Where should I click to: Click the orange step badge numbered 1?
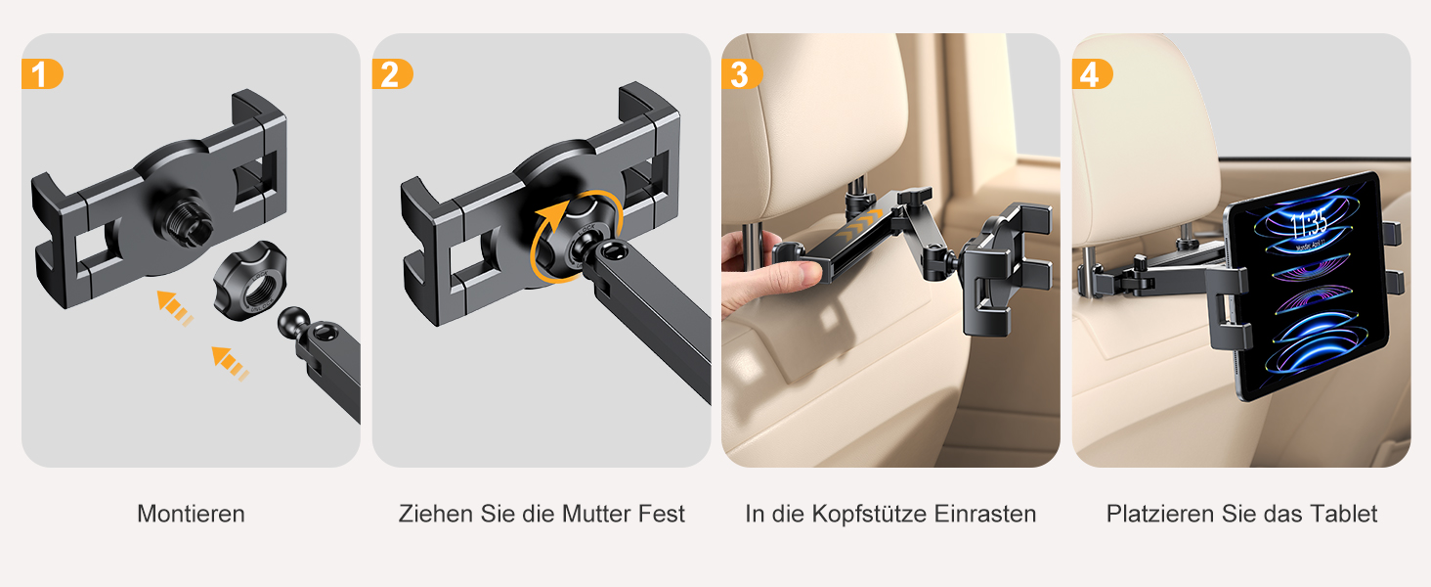(42, 74)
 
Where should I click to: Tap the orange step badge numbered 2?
(392, 74)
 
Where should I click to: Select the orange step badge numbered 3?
(742, 74)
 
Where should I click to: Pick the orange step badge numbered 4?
(1092, 74)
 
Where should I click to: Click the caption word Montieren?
(191, 514)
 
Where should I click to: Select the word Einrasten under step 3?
(985, 514)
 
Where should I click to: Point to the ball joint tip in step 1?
(293, 322)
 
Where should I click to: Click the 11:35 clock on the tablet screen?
(1309, 224)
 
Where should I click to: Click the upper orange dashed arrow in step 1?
(174, 307)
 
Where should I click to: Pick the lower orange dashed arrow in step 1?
(230, 363)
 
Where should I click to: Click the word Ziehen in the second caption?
(436, 514)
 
